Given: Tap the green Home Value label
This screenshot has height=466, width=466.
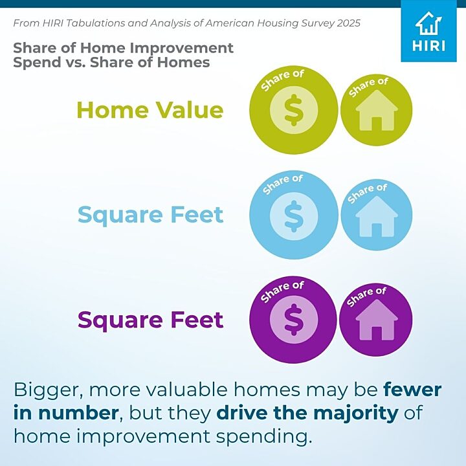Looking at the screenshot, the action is [150, 110].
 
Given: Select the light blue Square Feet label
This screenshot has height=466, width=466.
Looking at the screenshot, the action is [150, 216].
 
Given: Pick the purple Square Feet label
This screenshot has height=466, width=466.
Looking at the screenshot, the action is [150, 321].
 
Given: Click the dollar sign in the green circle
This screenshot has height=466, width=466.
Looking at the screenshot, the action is [294, 110].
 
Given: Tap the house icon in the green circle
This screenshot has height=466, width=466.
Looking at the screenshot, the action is [377, 110].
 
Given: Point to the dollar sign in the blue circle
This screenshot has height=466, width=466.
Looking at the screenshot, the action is [294, 216].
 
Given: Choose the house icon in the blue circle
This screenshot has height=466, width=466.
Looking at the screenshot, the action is [377, 216].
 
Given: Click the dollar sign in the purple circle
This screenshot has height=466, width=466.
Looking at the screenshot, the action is [294, 320].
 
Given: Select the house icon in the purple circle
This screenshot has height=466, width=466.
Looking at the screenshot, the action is [377, 320].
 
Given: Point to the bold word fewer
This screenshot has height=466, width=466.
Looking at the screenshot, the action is [412, 390].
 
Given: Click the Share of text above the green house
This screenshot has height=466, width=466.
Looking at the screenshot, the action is [368, 87].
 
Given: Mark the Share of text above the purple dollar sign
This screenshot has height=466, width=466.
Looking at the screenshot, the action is [282, 291].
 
